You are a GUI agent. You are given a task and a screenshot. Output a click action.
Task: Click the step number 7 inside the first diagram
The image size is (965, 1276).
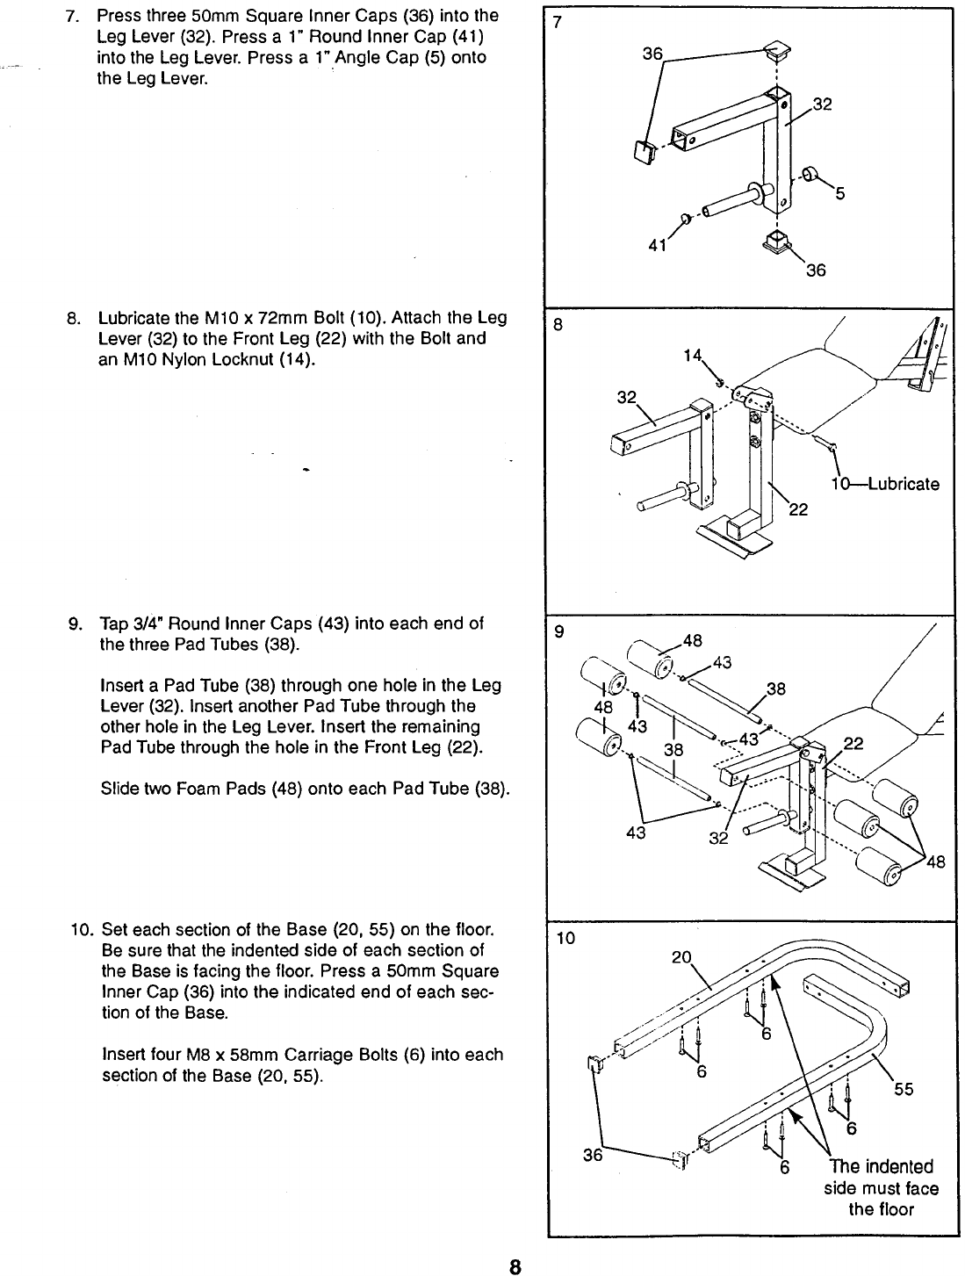click(x=556, y=23)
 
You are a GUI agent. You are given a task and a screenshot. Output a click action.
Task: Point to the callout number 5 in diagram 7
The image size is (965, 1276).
click(x=839, y=196)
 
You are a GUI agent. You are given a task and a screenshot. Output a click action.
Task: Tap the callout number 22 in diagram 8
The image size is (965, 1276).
click(x=798, y=509)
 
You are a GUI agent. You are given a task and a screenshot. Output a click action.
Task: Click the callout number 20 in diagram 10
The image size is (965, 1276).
click(x=681, y=956)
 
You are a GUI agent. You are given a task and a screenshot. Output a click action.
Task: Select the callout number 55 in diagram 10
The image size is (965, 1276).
click(x=904, y=1090)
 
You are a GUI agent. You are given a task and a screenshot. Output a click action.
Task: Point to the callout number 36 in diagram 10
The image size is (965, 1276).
click(x=594, y=1155)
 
